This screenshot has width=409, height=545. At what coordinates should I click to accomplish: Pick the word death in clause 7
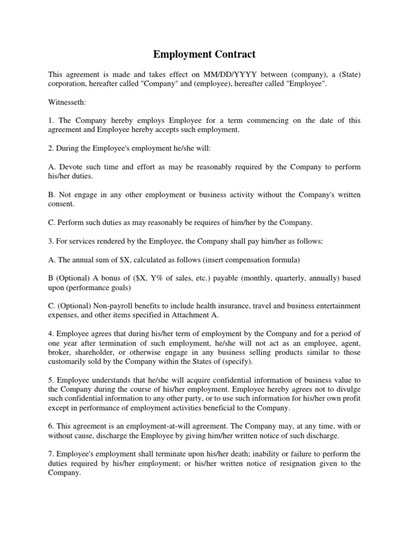pos(199,454)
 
